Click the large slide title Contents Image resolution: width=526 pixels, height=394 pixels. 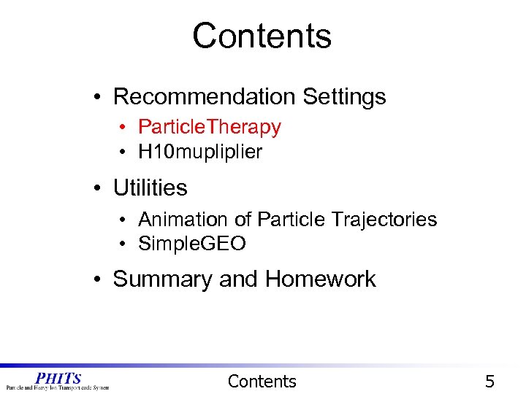262,36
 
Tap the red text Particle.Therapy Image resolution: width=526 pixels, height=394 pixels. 209,127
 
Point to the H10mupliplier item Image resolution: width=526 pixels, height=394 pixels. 199,152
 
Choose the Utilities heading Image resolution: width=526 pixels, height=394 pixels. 150,188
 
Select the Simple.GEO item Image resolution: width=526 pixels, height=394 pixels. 191,244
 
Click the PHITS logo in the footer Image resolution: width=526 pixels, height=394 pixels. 57,381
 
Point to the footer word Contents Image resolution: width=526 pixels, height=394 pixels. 262,381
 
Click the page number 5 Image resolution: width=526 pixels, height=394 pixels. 489,381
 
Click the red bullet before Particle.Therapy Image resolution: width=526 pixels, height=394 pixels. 126,128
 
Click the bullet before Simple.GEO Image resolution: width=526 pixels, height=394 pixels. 126,244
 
